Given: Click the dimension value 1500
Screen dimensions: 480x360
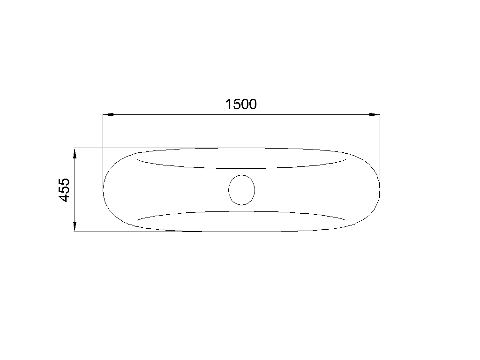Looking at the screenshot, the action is pyautogui.click(x=241, y=105).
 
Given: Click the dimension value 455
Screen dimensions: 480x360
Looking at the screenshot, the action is pyautogui.click(x=64, y=190).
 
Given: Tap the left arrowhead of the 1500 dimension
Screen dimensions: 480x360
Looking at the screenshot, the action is pyautogui.click(x=108, y=114).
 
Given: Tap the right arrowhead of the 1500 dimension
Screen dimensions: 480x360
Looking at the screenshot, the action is pyautogui.click(x=375, y=114).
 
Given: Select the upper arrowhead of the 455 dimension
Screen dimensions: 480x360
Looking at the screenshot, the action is pyautogui.click(x=75, y=154).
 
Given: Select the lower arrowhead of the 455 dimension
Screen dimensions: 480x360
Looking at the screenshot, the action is pyautogui.click(x=75, y=226).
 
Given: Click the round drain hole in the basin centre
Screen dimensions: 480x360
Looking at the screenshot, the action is pyautogui.click(x=241, y=190).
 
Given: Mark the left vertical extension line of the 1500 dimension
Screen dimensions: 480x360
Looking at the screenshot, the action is pyautogui.click(x=103, y=151).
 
